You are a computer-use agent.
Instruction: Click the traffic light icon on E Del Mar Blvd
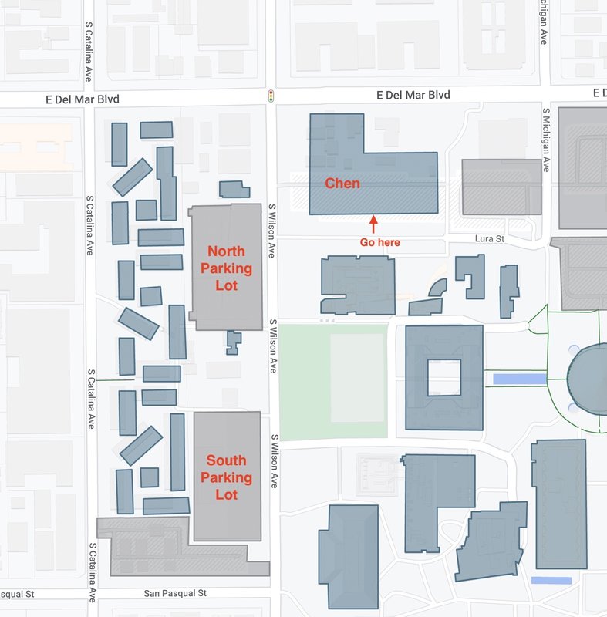coord(270,96)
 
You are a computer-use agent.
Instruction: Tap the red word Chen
coord(342,184)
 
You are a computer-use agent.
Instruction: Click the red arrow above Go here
coord(373,224)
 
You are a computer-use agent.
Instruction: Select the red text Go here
coord(380,242)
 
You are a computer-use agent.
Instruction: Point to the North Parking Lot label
coord(226,268)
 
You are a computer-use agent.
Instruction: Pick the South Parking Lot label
coord(226,477)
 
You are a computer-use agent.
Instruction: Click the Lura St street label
coord(488,240)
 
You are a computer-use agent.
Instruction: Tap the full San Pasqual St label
coord(176,594)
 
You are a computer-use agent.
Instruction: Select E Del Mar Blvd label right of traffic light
coord(413,95)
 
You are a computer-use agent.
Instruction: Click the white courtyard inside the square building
coord(443,378)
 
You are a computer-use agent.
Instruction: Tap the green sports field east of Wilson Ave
coord(333,382)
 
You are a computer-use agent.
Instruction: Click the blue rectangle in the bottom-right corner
coord(551,580)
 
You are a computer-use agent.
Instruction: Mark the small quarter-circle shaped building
coord(437,288)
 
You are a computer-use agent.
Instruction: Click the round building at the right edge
coord(590,379)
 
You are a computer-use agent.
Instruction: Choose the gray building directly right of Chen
coord(501,187)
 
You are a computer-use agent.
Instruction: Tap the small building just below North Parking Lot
coord(233,342)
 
